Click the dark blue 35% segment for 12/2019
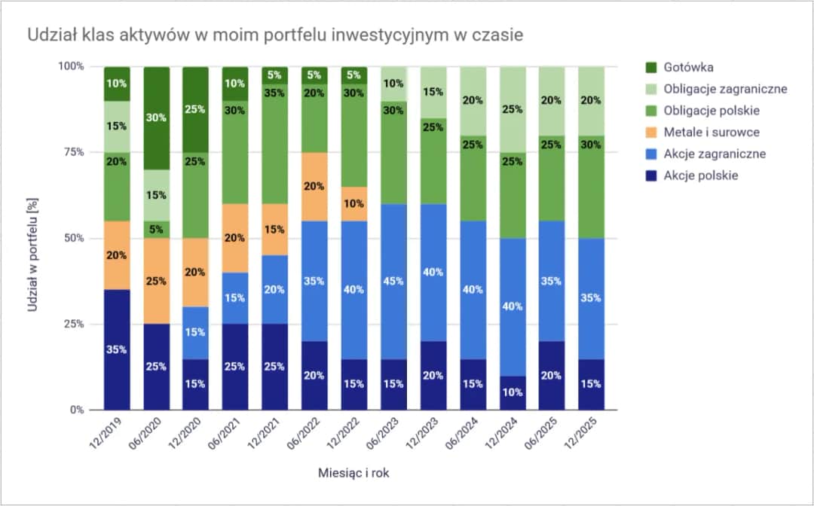pyautogui.click(x=117, y=349)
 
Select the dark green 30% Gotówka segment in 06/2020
pyautogui.click(x=157, y=117)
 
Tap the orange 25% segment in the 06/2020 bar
pyautogui.click(x=157, y=281)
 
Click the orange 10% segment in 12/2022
pyautogui.click(x=353, y=204)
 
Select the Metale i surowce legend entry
pyautogui.click(x=711, y=133)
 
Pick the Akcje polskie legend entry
pyautogui.click(x=700, y=175)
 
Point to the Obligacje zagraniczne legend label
pyautogui.click(x=725, y=89)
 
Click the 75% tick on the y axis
pyautogui.click(x=72, y=152)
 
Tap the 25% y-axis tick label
pyautogui.click(x=72, y=325)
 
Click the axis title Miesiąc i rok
pyautogui.click(x=353, y=473)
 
